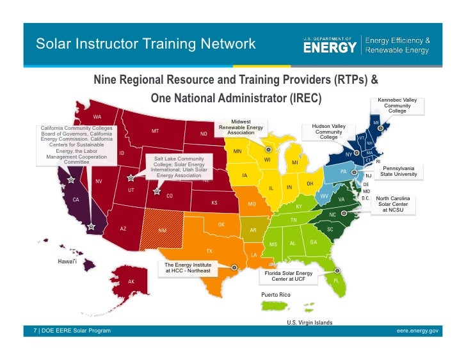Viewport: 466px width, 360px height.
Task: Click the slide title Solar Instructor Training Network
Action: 146,44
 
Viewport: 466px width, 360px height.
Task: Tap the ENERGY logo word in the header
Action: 330,47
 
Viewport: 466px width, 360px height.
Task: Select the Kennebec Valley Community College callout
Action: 397,106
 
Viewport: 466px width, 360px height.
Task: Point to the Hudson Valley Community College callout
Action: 328,132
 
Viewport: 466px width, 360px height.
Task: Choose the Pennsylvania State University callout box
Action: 398,171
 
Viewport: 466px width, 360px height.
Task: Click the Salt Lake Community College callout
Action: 170,167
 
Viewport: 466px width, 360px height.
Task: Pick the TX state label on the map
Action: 209,251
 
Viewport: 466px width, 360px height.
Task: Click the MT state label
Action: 156,130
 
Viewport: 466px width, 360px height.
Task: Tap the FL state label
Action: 336,280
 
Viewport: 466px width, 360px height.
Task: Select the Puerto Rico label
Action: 276,294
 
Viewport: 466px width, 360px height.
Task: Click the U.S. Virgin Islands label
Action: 309,322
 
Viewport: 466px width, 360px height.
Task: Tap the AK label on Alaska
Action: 131,281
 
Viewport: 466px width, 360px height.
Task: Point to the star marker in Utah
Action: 131,178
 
